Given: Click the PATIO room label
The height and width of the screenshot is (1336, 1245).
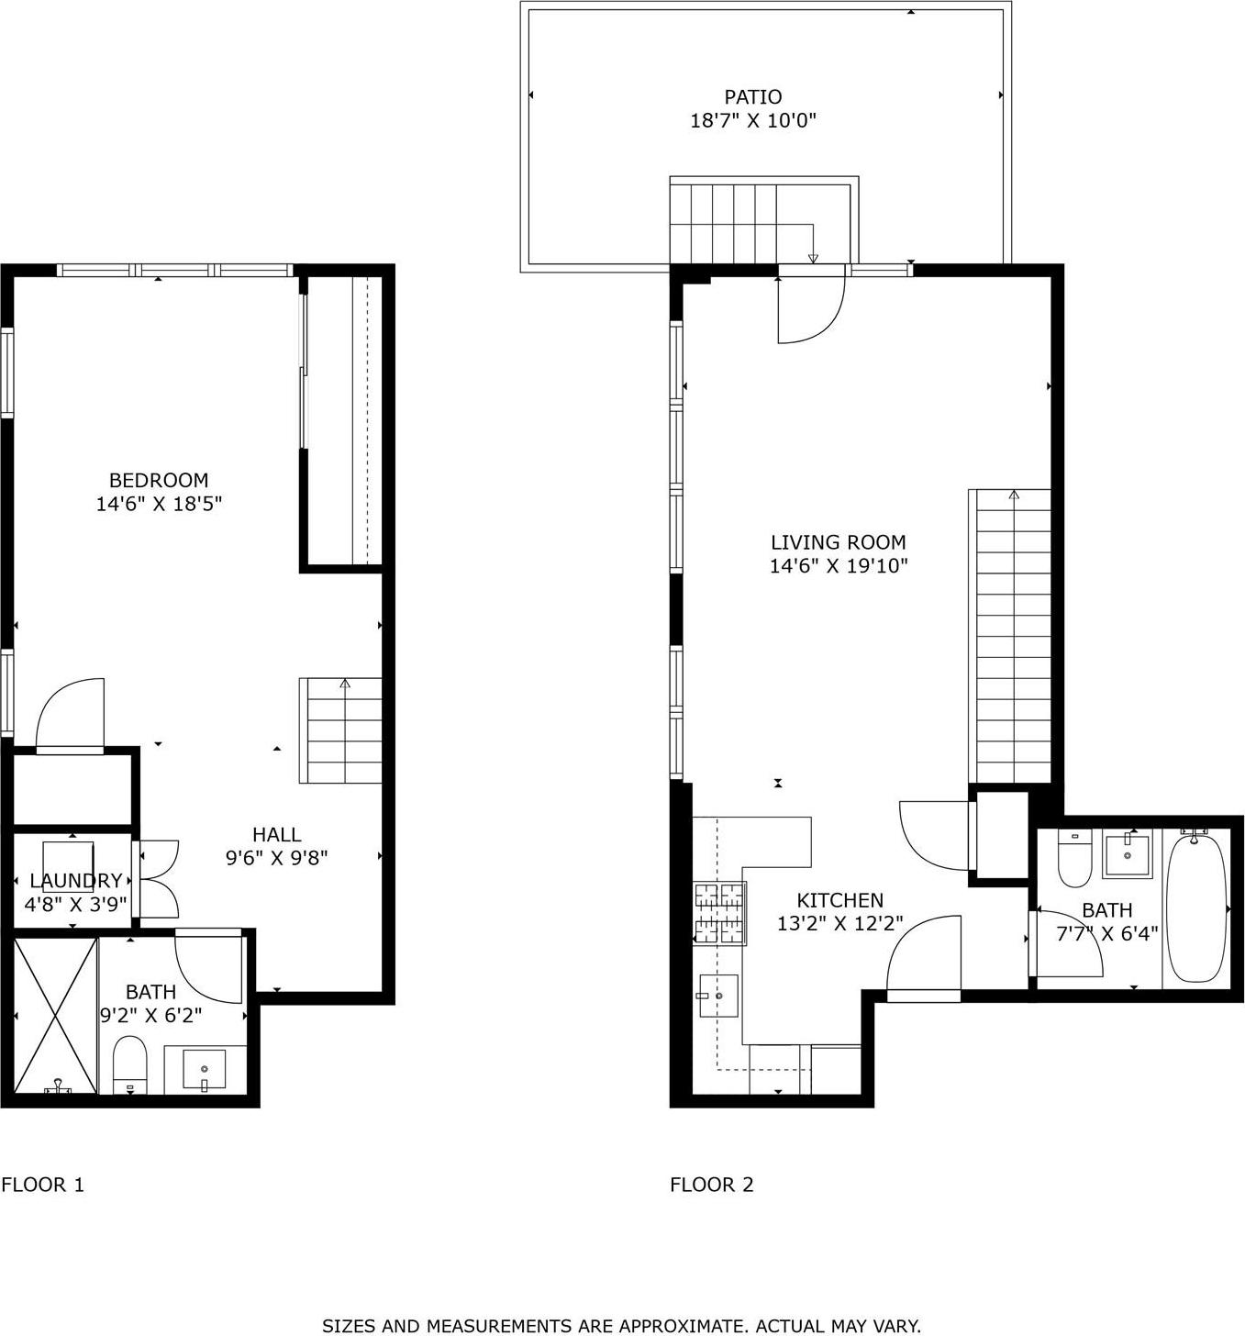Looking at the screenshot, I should click(752, 97).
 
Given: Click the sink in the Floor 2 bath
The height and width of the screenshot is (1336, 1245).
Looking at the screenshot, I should click(1127, 855).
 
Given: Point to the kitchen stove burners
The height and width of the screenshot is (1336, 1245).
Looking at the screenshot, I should click(720, 913).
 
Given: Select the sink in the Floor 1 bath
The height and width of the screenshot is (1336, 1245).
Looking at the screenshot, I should click(205, 1070).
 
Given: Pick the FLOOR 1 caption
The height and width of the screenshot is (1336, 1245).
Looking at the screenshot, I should click(43, 1185).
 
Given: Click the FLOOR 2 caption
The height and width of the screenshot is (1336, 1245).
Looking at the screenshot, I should click(712, 1185).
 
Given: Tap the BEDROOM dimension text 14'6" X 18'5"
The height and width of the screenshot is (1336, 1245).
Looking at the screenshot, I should click(160, 504).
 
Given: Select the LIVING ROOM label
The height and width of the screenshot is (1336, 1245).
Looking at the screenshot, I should click(838, 542).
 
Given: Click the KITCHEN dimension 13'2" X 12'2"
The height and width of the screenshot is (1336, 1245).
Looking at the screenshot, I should click(839, 924).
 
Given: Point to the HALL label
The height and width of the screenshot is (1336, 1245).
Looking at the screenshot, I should click(277, 834).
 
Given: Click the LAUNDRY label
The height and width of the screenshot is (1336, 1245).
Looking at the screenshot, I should click(75, 881).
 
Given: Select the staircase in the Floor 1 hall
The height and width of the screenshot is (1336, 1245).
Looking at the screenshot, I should click(340, 731).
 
